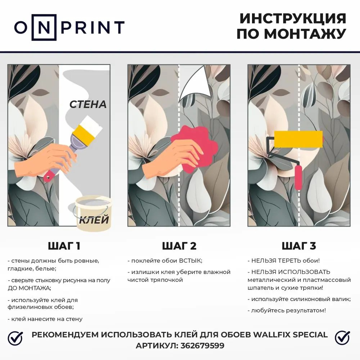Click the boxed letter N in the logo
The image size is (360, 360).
click(x=44, y=27)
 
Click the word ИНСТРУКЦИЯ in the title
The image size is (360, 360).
click(x=293, y=19)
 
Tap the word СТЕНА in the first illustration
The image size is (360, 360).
click(x=88, y=104)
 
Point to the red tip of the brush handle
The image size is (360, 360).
click(x=48, y=177)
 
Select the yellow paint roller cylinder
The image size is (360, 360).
click(x=298, y=139)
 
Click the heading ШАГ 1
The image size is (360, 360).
click(x=64, y=246)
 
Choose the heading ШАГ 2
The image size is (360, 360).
click(x=179, y=246)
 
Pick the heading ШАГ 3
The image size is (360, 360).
click(x=299, y=246)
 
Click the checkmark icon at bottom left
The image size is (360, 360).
click(x=15, y=338)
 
